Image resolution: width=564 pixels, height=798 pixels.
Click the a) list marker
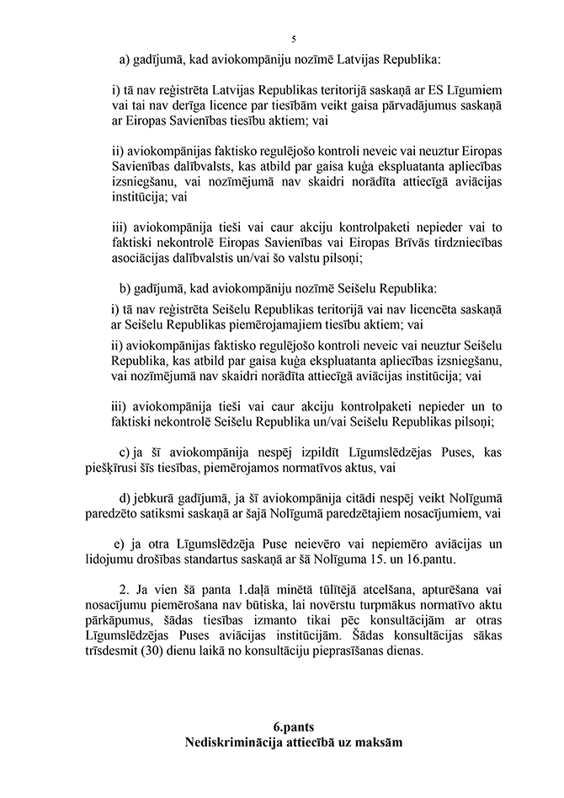(x=126, y=61)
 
